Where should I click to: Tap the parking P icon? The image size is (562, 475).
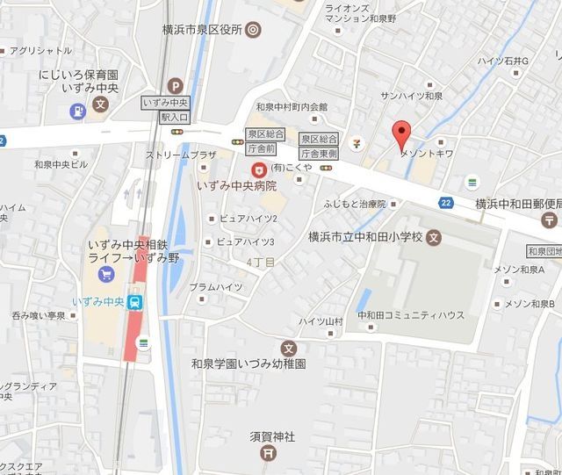[x=177, y=87]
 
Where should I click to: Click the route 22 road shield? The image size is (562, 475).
[x=447, y=203]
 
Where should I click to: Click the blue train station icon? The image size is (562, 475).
[x=135, y=302]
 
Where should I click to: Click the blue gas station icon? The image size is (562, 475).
[x=77, y=112]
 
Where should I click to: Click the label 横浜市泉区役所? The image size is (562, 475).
[x=200, y=29]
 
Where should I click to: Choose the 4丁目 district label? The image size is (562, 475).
[x=262, y=262]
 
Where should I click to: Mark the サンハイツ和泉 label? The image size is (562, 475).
[x=411, y=95]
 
